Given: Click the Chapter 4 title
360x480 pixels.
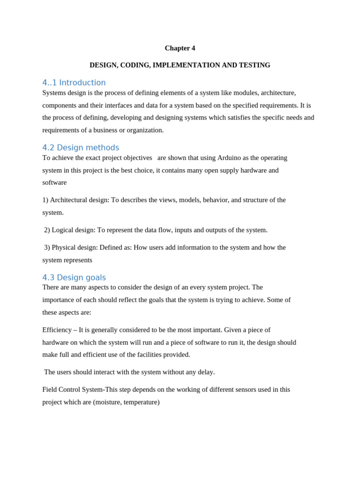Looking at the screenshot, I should coord(180,48).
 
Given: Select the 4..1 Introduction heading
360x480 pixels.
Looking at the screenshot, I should coord(74,83).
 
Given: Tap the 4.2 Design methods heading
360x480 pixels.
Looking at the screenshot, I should coord(81,148).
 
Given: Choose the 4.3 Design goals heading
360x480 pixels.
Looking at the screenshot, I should coord(74,277).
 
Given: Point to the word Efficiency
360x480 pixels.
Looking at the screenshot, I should coord(57,330).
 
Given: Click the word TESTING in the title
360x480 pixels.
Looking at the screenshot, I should coord(254,65).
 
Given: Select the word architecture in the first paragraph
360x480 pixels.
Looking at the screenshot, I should coord(278,93).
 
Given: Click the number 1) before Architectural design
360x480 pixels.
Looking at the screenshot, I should coord(45,200).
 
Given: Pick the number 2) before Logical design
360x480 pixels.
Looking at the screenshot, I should coord(47,230).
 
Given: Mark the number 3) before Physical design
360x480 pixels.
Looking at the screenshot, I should coord(47,247).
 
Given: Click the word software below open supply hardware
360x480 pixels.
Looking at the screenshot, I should coord(54,183).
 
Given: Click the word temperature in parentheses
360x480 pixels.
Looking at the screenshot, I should coord(141,402).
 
